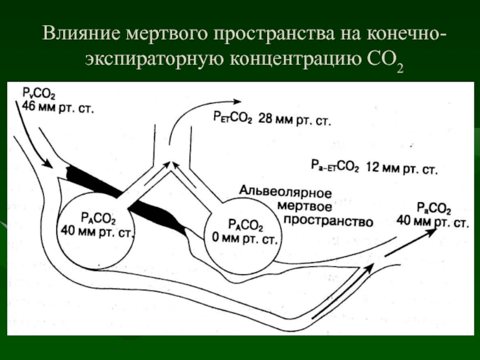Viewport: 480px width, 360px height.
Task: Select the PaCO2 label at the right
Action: (432, 209)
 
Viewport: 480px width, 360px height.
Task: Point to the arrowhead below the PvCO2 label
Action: (43, 161)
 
